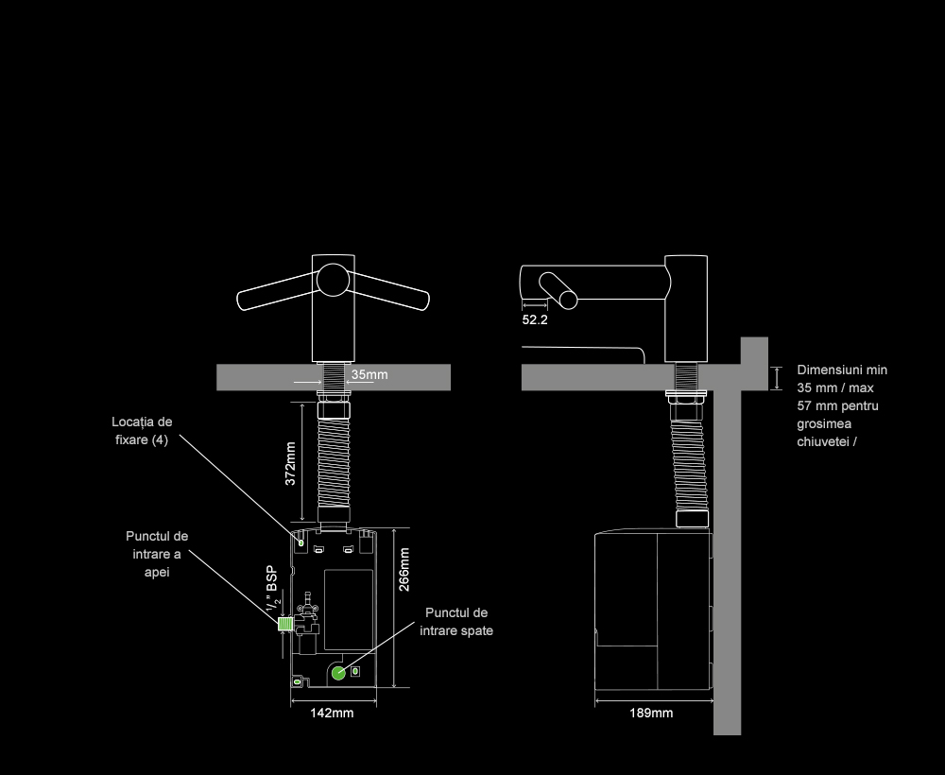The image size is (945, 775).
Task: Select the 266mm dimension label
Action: pos(404,568)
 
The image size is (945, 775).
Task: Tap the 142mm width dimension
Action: pos(332,714)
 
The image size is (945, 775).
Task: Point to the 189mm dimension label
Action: pos(651,714)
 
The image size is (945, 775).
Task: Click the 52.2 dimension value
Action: pos(535,320)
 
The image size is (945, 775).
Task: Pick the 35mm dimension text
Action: pos(369,375)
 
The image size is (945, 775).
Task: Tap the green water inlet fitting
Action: pos(283,624)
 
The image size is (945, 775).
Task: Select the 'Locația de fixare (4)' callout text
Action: pos(142,431)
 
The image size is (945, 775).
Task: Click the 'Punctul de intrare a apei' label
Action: pos(157,554)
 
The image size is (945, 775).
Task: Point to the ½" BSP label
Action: pos(271,591)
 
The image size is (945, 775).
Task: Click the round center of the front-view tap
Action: pos(332,280)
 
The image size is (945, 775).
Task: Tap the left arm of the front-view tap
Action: pos(273,292)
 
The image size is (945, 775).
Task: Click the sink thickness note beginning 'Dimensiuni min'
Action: pos(842,405)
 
